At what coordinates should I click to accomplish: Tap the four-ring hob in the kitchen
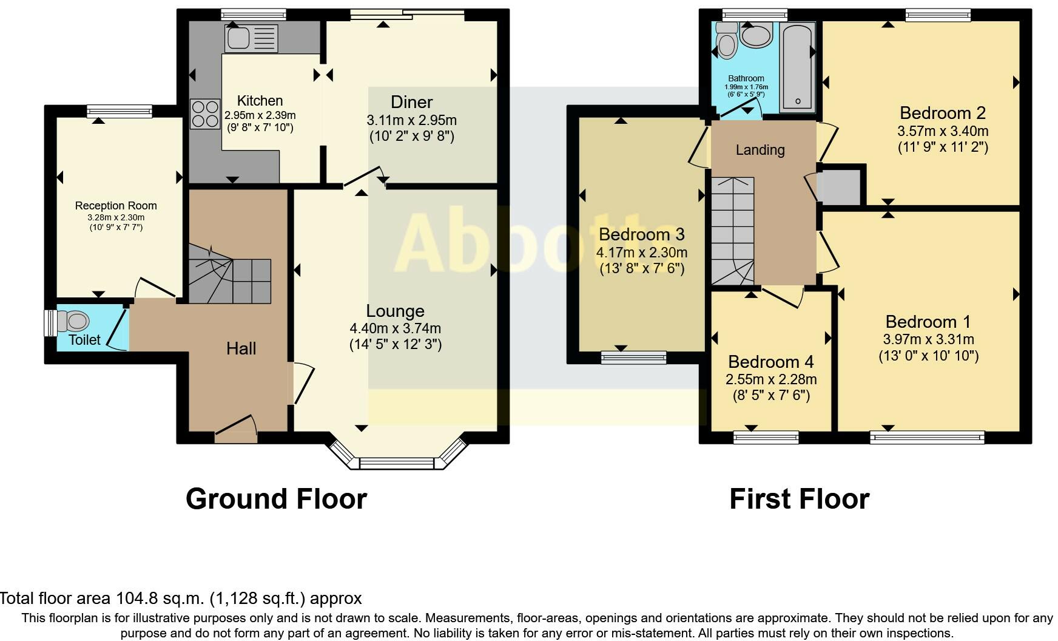205,114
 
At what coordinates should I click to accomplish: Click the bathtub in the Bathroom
797,67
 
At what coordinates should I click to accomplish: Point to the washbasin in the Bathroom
756,36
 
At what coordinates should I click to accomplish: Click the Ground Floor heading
276,499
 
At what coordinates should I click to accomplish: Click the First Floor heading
799,499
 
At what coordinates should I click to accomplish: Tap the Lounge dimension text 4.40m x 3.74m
395,328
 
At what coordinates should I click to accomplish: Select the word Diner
411,102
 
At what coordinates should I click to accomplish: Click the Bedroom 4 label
770,362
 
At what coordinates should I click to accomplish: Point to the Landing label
760,150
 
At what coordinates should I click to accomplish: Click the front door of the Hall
235,431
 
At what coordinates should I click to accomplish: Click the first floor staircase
732,231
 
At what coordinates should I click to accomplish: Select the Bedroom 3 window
633,358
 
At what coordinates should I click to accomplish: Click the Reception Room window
119,111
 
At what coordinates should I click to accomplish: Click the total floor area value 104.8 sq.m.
160,599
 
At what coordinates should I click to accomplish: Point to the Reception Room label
116,206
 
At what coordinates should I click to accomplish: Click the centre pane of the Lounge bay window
397,464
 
